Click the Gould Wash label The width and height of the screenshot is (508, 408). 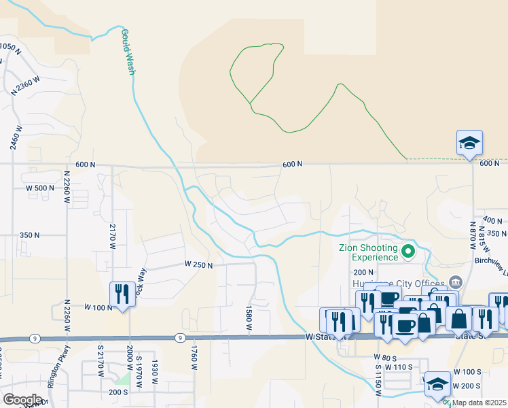[x=127, y=51]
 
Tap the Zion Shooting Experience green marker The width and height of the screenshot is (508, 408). [x=408, y=253]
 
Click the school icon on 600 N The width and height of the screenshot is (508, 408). [x=469, y=143]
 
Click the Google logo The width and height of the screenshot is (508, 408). [x=22, y=400]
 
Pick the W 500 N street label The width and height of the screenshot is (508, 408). [x=39, y=188]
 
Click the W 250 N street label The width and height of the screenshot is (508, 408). [x=198, y=265]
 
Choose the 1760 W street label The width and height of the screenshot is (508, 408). [x=194, y=358]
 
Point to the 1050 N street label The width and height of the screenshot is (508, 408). [x=11, y=48]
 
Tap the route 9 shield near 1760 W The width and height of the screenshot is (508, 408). [x=179, y=337]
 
